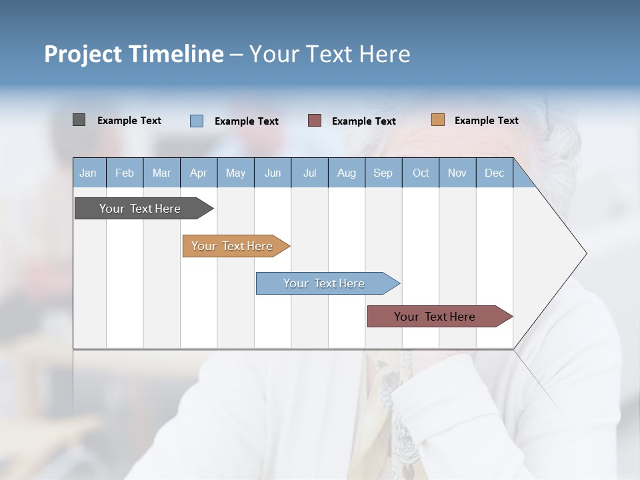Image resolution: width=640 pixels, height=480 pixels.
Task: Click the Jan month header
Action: (89, 173)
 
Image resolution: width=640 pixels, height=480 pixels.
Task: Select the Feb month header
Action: (125, 173)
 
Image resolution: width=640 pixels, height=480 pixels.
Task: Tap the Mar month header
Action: (161, 173)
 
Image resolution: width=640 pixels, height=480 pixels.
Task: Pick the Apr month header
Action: (199, 173)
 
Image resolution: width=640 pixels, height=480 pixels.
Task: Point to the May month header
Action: (235, 173)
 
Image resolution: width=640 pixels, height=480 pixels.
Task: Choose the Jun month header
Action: (273, 173)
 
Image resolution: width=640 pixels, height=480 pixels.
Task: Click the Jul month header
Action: (309, 173)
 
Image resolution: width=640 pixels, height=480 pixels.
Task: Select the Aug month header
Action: (347, 173)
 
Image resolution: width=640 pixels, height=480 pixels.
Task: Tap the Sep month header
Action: (383, 173)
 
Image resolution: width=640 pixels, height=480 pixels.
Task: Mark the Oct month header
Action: (421, 173)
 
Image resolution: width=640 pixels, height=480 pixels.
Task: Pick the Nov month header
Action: (457, 173)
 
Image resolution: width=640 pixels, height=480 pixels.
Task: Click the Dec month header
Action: (495, 173)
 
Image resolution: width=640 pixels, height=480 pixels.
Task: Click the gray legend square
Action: (79, 120)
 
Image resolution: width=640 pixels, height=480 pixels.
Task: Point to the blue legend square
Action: (197, 121)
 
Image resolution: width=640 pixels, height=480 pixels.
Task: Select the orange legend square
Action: (438, 120)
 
